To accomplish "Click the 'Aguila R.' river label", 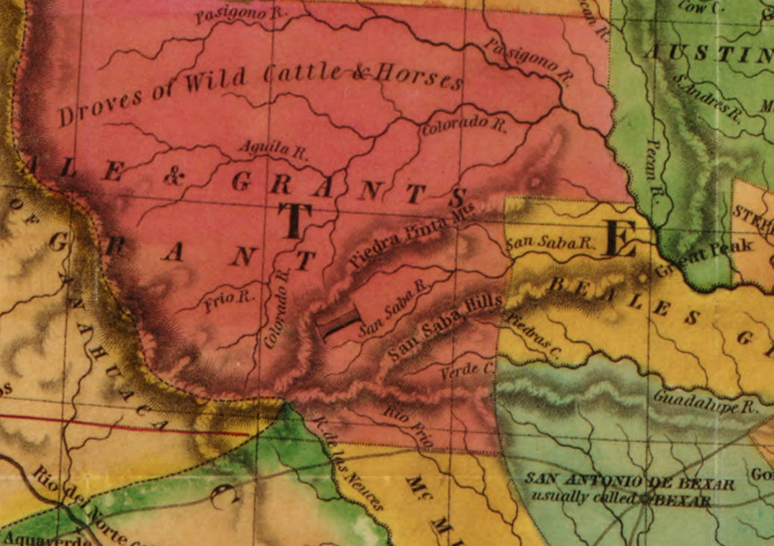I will click(272, 149).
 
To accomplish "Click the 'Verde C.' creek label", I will click(467, 371).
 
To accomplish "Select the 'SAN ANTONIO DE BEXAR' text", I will click(629, 483).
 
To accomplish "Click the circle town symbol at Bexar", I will click(646, 500).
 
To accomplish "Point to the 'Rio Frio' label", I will click(408, 424).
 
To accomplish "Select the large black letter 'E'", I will click(619, 240).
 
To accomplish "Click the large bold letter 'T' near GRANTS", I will click(294, 221).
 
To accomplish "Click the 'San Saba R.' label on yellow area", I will click(551, 242).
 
